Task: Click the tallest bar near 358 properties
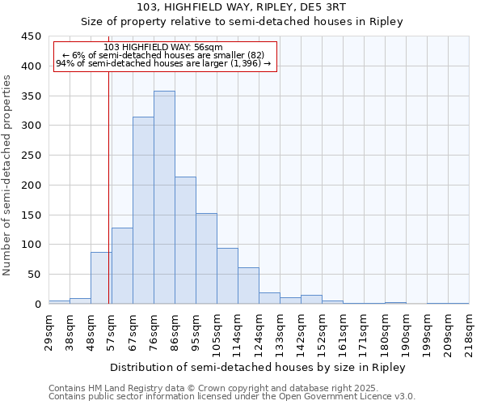164,198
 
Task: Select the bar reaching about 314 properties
143,211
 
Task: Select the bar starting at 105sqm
227,276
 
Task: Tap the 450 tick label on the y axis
32,36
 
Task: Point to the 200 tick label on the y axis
32,185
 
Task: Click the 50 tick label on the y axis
35,275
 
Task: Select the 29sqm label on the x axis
48,330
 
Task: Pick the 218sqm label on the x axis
469,330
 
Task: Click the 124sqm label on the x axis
259,330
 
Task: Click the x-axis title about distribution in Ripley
259,367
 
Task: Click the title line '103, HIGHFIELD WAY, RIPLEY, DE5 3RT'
242,7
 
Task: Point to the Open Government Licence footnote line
232,397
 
